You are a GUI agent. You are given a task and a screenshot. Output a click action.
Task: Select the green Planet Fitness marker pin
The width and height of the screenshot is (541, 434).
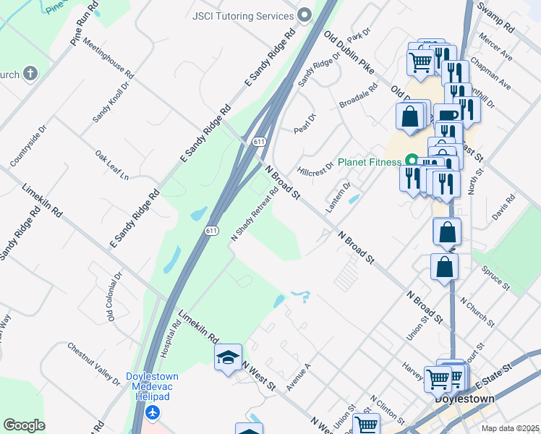tap(412, 161)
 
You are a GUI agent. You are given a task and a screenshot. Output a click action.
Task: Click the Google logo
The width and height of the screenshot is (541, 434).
tap(24, 425)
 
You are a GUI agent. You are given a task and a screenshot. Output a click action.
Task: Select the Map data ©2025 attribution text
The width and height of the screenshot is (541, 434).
tap(510, 428)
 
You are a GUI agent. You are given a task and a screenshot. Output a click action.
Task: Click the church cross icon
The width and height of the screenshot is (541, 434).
tap(30, 73)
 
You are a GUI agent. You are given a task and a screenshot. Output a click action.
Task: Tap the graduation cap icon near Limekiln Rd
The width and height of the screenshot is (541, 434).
tap(228, 357)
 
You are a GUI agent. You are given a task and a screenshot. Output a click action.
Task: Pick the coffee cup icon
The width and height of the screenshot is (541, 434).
tap(447, 115)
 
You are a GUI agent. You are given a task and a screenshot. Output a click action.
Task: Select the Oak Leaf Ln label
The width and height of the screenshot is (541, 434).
tap(112, 165)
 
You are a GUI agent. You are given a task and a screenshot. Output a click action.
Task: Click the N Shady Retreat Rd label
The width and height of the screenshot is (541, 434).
tap(255, 216)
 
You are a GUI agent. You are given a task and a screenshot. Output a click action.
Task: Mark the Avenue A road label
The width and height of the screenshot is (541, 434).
tap(298, 378)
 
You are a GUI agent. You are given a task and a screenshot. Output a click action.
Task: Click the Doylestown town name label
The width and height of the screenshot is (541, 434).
tap(464, 399)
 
